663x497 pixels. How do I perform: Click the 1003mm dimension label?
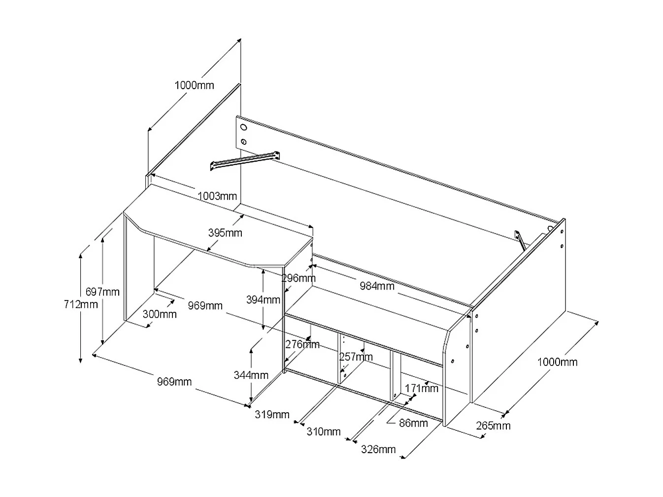pos(217,196)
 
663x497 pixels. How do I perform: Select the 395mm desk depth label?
pos(225,233)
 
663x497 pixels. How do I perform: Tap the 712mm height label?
pos(81,304)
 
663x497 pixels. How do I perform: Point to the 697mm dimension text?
pos(102,292)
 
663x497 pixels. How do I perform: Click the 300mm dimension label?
pos(160,314)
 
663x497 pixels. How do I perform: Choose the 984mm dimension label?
pos(377,286)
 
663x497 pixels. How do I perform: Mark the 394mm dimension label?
pos(263,299)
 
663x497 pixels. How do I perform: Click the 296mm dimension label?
pos(298,278)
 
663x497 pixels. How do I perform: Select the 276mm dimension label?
pos(302,344)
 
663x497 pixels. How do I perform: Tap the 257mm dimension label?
pos(356,357)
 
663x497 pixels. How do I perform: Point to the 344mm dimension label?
pos(251,375)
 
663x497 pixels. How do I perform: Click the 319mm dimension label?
pos(272,414)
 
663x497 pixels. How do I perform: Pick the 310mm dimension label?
pos(324,431)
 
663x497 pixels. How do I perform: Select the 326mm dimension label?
pos(378,449)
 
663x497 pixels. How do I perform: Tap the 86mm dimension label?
pos(413,423)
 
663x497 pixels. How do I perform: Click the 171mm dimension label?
pos(421,388)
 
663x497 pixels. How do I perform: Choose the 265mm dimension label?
pos(493,426)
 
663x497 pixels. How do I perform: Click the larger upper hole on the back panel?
pos(243,128)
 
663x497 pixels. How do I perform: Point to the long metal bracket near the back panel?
pos(245,161)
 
